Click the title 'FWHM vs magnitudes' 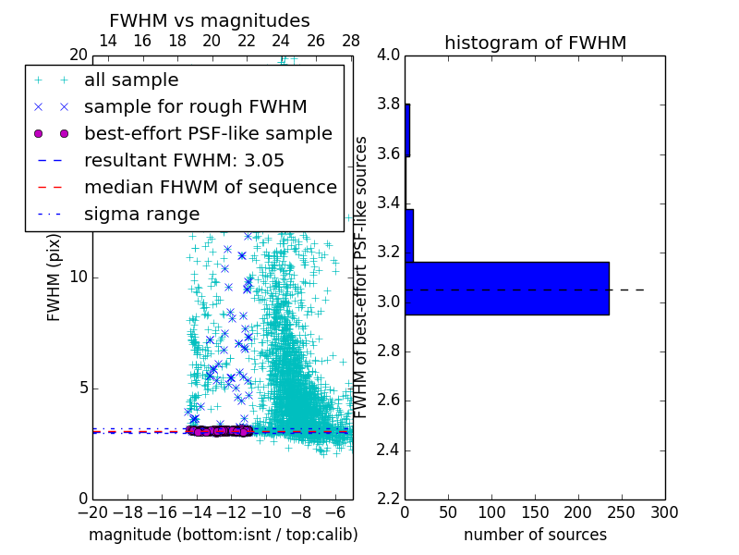click(210, 21)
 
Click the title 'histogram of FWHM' click(535, 43)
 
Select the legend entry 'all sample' click(131, 80)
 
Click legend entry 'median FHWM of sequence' click(210, 188)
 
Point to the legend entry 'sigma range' click(141, 215)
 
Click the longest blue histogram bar click(507, 289)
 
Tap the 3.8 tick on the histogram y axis click(389, 105)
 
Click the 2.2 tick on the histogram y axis click(389, 499)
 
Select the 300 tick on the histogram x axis click(665, 512)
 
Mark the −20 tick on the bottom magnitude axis click(92, 512)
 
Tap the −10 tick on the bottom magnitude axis click(266, 512)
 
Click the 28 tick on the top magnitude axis click(351, 41)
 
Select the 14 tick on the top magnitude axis click(108, 41)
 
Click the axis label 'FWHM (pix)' click(55, 277)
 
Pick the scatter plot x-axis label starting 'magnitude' click(223, 535)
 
